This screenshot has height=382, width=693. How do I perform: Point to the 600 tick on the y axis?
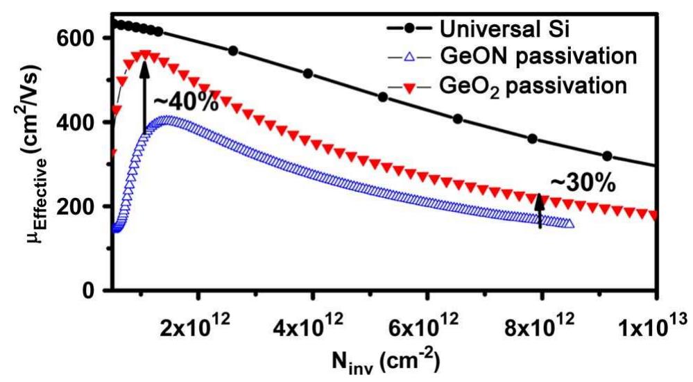click(77, 38)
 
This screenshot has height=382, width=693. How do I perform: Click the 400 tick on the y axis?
click(77, 122)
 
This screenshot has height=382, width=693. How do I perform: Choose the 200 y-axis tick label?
click(77, 207)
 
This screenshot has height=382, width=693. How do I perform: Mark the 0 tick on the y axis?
click(89, 291)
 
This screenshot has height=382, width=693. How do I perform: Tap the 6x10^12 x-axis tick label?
click(427, 325)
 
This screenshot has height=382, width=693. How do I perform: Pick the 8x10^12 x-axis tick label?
click(541, 325)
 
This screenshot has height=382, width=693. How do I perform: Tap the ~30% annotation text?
click(583, 182)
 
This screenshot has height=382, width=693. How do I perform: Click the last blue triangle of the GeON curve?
click(570, 224)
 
